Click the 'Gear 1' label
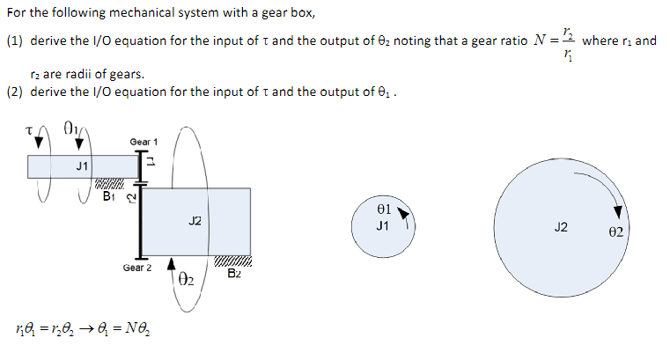pos(144,142)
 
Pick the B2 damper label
pos(232,274)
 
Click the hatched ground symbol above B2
pos(232,261)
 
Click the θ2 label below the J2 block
pos(186,281)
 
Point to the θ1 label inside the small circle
pos(382,211)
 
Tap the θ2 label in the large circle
pos(615,231)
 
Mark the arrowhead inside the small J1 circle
pos(403,214)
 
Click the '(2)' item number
pos(15,92)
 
